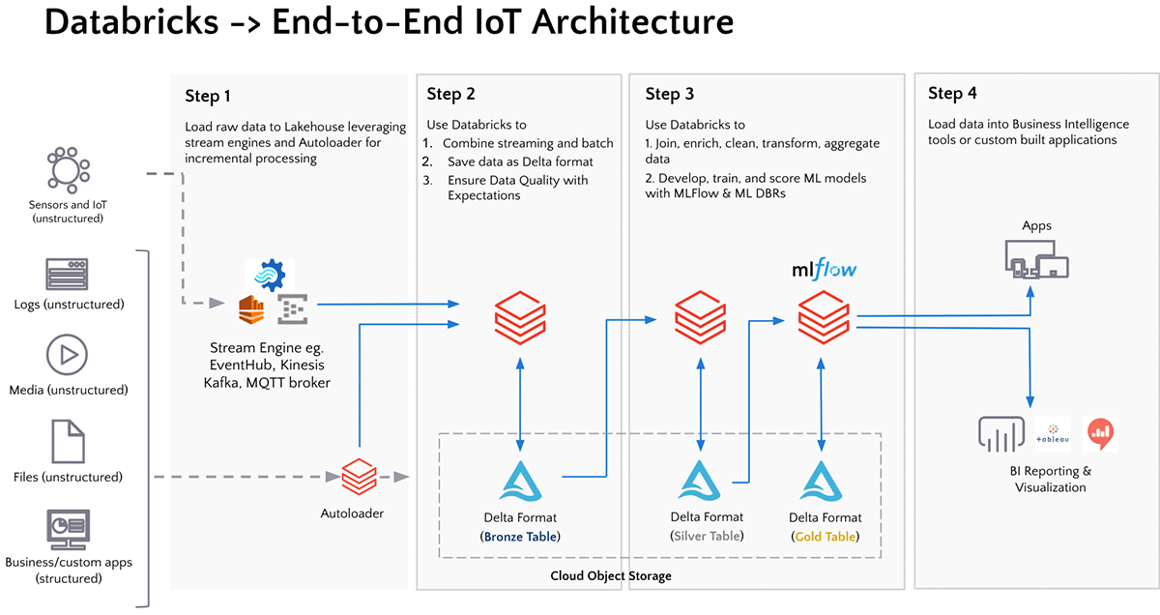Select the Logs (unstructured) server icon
click(x=68, y=275)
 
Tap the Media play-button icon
click(x=68, y=355)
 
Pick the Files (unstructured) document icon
click(x=68, y=441)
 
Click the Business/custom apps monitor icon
click(x=68, y=529)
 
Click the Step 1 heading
click(x=208, y=96)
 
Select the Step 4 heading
click(x=952, y=94)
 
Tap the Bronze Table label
click(x=520, y=536)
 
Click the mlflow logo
click(x=823, y=269)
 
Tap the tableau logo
click(x=1052, y=434)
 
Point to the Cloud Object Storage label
click(x=610, y=576)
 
